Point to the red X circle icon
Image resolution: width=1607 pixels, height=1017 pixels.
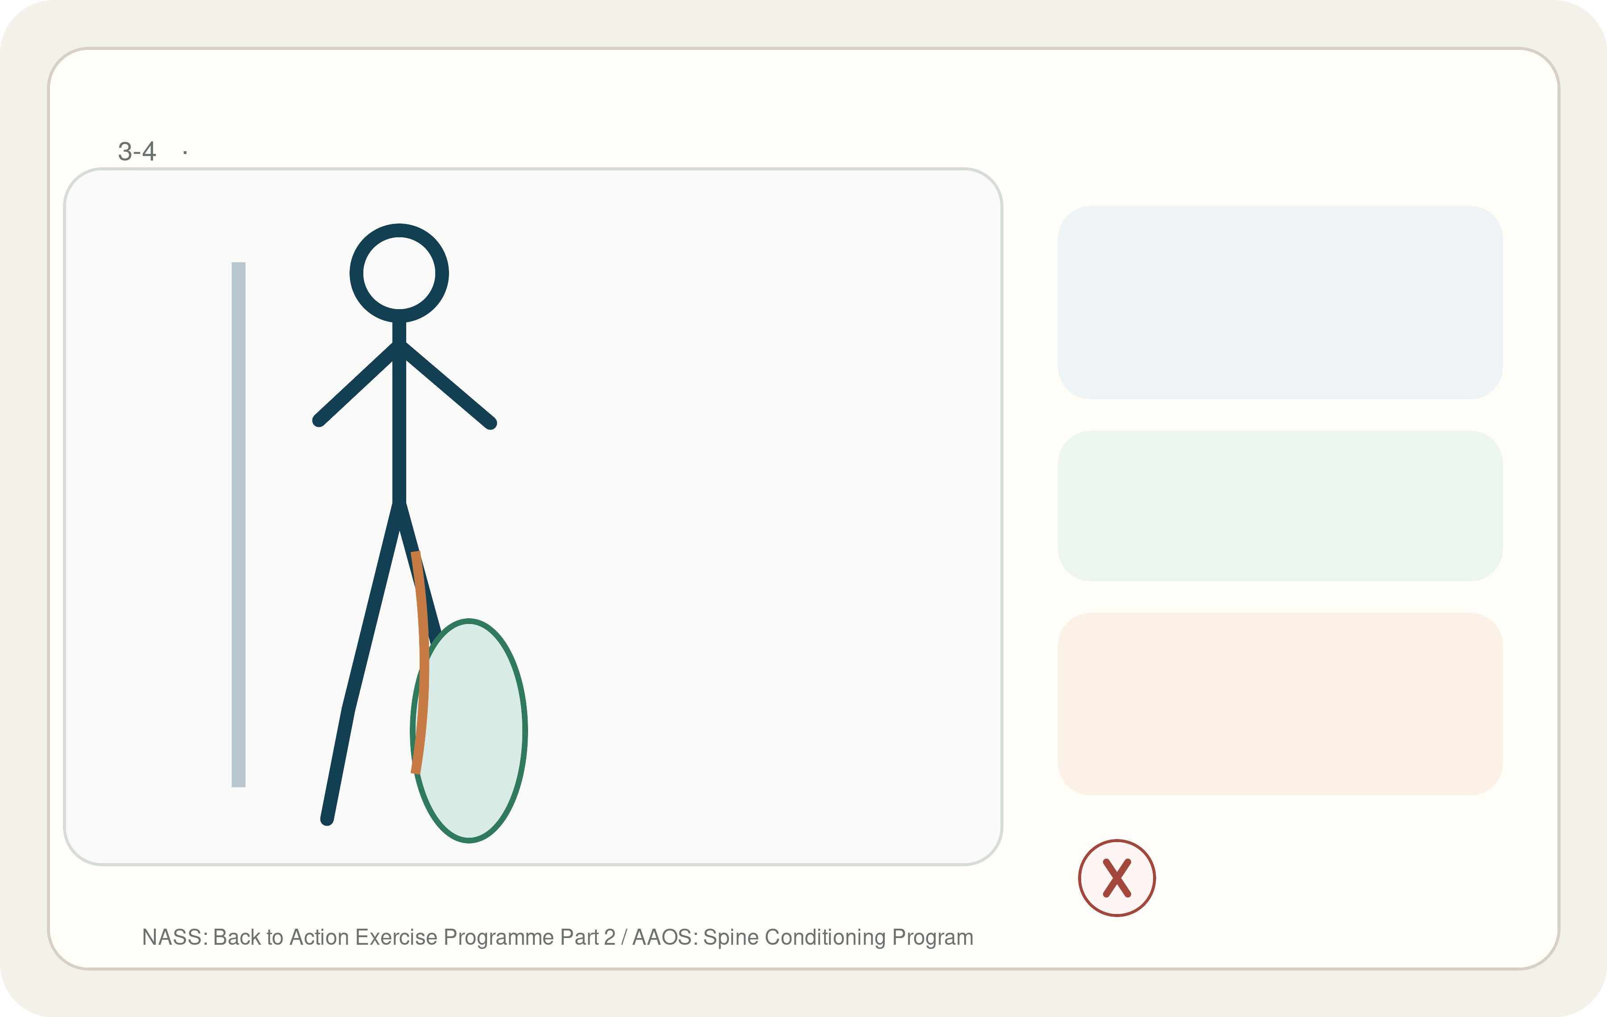[x=1117, y=878]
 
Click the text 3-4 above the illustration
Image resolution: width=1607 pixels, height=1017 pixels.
[x=137, y=151]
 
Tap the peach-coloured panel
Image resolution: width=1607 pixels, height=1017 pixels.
[x=1280, y=703]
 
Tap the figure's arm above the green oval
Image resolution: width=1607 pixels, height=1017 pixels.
[x=445, y=385]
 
